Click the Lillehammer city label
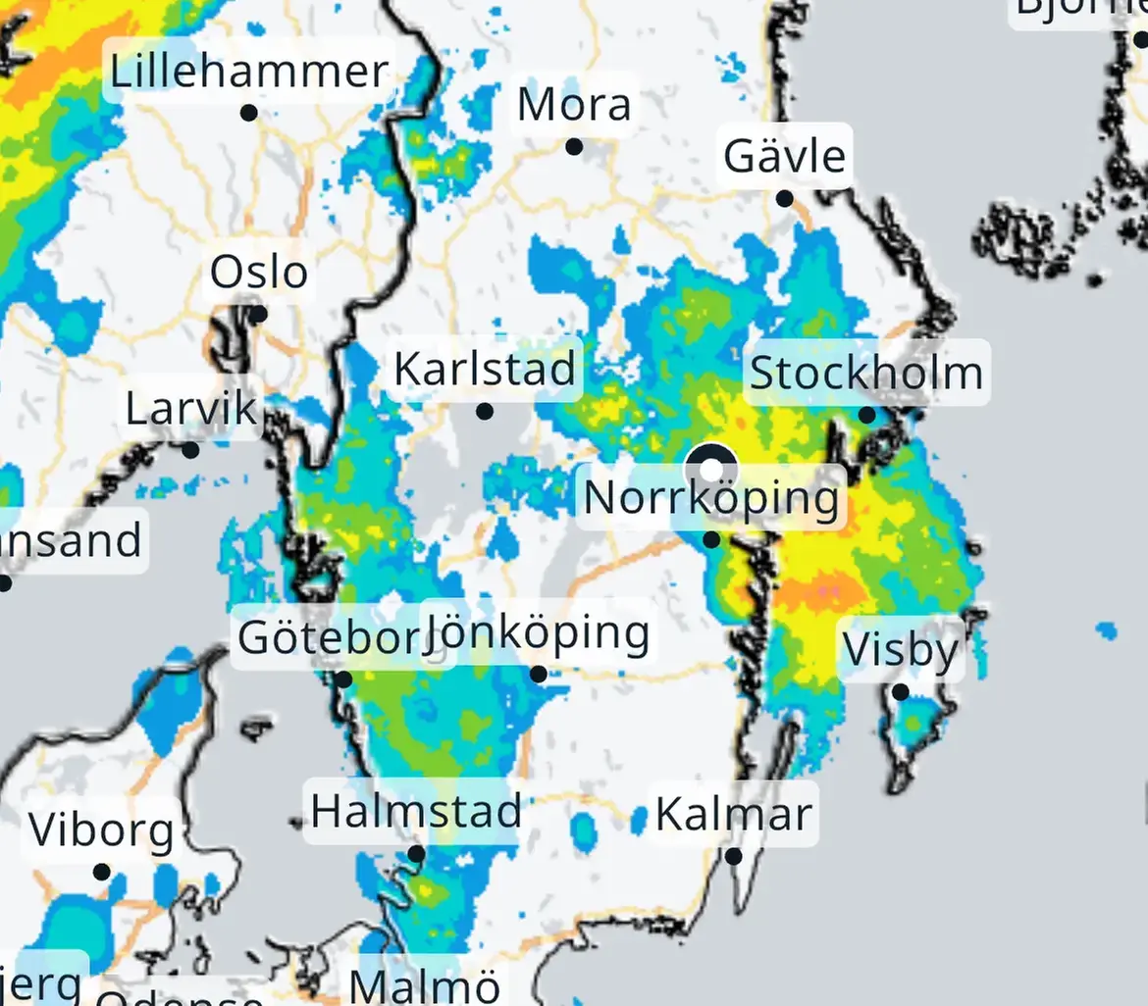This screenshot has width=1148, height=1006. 249,72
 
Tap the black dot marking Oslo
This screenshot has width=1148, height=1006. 257,315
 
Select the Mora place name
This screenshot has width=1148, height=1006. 574,105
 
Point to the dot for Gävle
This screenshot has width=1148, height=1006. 785,199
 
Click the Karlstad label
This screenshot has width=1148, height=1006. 484,370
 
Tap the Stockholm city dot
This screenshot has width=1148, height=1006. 867,415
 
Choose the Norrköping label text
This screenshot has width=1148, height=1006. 711,497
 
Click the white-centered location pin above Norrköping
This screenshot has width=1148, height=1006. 711,467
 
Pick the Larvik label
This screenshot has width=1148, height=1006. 191,409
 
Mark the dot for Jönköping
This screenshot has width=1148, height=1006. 539,674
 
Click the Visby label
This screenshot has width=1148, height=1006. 901,650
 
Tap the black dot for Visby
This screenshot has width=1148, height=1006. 900,692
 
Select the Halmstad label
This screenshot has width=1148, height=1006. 416,811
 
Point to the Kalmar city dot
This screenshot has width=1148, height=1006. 734,856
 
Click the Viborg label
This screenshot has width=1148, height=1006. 101,830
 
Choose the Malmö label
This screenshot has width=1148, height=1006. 425,984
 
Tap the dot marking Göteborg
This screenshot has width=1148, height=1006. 343,679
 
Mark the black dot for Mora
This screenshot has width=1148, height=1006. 574,147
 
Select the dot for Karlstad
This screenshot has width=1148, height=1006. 485,412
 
